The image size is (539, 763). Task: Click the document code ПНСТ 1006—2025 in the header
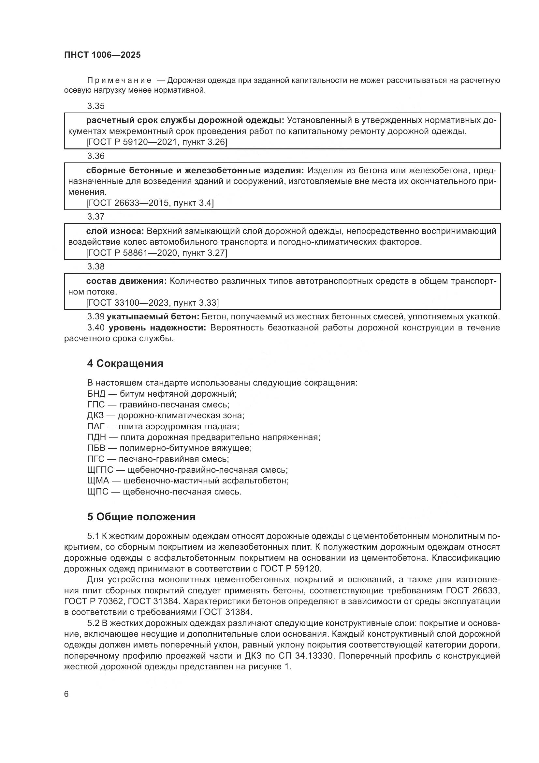(x=102, y=55)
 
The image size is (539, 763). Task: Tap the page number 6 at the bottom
(x=66, y=694)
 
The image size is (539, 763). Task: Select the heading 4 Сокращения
(x=125, y=363)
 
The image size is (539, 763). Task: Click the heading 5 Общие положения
(x=141, y=517)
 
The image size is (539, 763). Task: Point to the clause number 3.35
(x=95, y=106)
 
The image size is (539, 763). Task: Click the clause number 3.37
(x=95, y=217)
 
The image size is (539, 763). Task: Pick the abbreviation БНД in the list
(x=96, y=394)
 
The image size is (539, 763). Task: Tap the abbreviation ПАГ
(x=96, y=426)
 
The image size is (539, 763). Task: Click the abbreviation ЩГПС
(x=100, y=470)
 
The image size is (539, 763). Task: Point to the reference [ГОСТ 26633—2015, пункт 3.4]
(x=150, y=203)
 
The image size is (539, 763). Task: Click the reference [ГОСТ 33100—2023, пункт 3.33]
(x=152, y=303)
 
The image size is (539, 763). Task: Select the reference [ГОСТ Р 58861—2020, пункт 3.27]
(x=157, y=253)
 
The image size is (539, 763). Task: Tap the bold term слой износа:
(x=115, y=231)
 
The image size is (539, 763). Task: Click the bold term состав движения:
(x=126, y=281)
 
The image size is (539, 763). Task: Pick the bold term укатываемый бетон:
(x=153, y=317)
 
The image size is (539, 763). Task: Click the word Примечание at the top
(x=119, y=81)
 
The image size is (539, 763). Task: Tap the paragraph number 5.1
(x=93, y=536)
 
